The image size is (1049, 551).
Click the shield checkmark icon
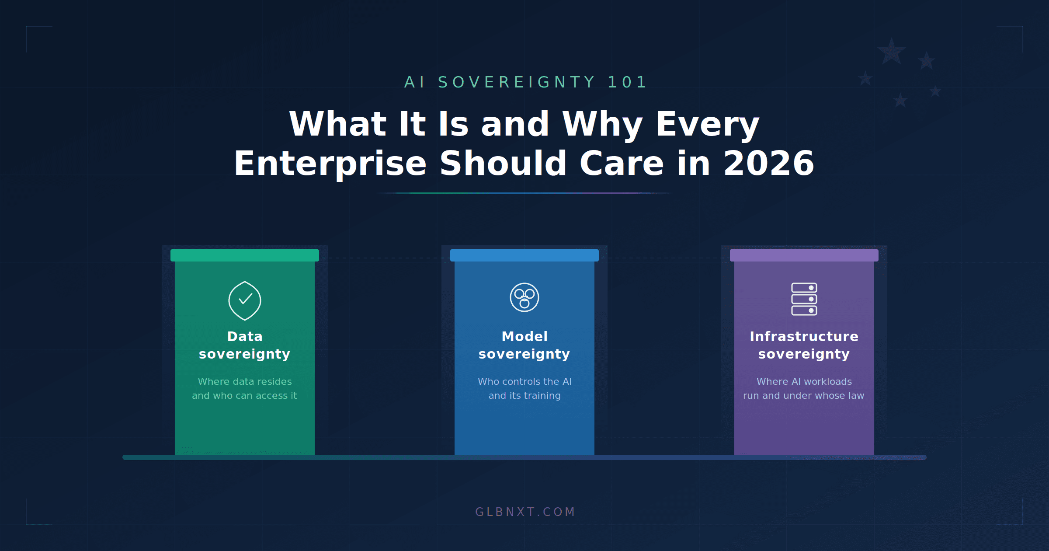[245, 300]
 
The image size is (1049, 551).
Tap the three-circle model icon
[524, 297]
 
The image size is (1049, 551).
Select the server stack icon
[804, 299]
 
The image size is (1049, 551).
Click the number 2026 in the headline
[768, 164]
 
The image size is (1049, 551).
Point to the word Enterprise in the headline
[330, 164]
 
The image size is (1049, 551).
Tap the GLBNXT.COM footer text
[525, 512]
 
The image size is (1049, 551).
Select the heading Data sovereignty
[245, 345]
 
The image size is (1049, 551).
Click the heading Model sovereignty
[524, 345]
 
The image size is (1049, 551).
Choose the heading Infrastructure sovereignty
[804, 345]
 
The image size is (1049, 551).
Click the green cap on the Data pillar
[245, 255]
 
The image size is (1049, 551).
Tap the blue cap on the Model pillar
[524, 255]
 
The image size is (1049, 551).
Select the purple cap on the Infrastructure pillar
[804, 255]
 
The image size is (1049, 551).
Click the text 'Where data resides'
[245, 381]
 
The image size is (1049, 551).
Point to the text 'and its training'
[524, 395]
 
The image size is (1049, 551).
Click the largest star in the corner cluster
[891, 52]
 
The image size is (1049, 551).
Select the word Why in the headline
[602, 124]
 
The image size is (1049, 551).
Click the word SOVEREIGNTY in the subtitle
[517, 82]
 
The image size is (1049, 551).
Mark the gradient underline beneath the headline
[524, 193]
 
